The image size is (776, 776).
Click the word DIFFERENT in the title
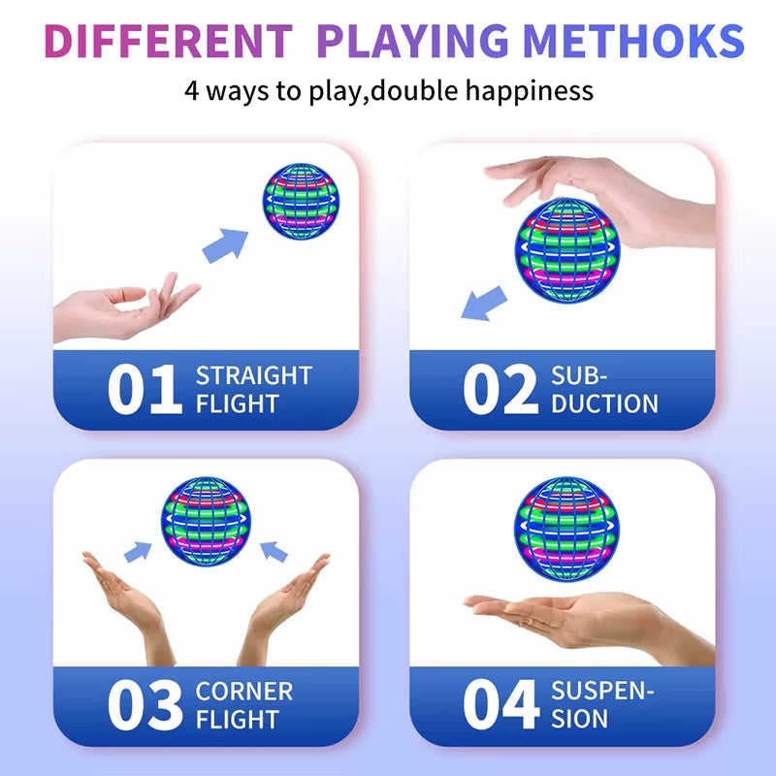(167, 42)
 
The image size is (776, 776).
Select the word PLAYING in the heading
(412, 42)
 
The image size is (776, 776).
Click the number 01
(145, 390)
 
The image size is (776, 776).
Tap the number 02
(500, 390)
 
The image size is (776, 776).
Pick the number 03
(145, 706)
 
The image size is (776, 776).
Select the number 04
(501, 706)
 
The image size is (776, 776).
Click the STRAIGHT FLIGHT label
(254, 389)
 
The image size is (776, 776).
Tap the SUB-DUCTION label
(604, 389)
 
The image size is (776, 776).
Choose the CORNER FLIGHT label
(243, 705)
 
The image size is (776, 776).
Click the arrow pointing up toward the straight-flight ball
(226, 245)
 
